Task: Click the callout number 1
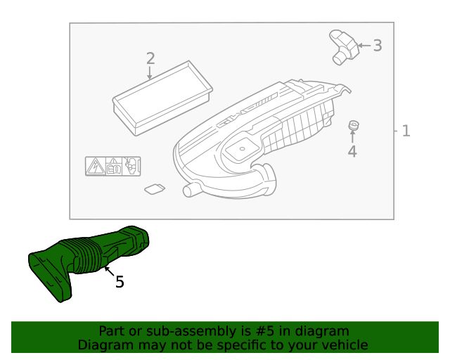pyautogui.click(x=406, y=131)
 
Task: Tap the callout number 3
pyautogui.click(x=378, y=46)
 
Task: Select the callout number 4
pyautogui.click(x=352, y=151)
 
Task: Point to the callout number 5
pyautogui.click(x=120, y=282)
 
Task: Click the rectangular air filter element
pyautogui.click(x=162, y=96)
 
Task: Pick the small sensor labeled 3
pyautogui.click(x=343, y=46)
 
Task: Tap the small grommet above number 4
pyautogui.click(x=353, y=126)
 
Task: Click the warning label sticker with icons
pyautogui.click(x=112, y=166)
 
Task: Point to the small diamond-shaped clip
pyautogui.click(x=154, y=188)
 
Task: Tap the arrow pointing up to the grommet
pyautogui.click(x=352, y=136)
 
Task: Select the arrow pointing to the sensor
pyautogui.click(x=364, y=46)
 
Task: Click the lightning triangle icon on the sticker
pyautogui.click(x=94, y=166)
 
